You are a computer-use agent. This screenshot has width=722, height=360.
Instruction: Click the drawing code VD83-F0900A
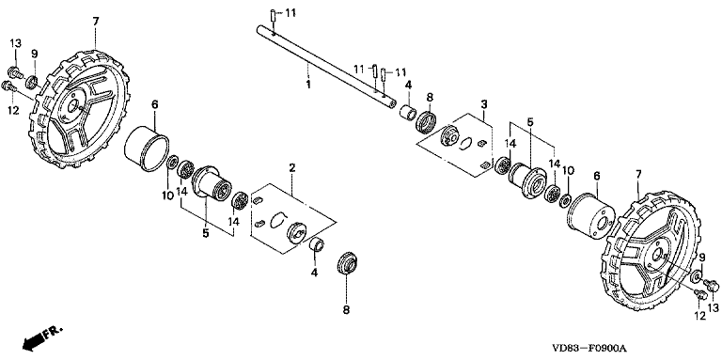(591, 348)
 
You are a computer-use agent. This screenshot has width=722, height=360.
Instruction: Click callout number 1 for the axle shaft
(308, 85)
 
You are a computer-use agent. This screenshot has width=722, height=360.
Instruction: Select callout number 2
(292, 167)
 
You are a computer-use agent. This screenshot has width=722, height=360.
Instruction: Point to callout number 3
(483, 104)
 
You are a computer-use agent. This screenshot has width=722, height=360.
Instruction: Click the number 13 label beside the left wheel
(16, 44)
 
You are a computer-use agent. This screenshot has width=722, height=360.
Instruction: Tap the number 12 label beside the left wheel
(13, 111)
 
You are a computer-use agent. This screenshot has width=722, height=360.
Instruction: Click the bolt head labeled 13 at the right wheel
(713, 286)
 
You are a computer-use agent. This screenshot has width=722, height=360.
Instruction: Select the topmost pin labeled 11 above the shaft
(273, 15)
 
